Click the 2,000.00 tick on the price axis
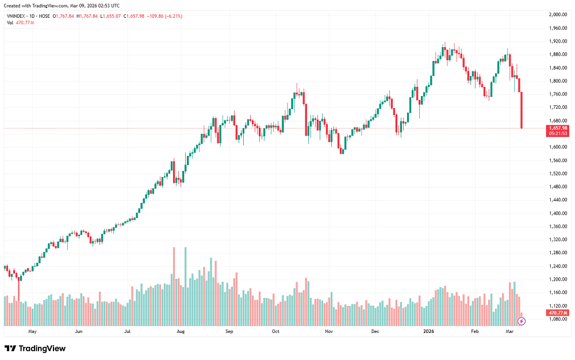pyautogui.click(x=558, y=14)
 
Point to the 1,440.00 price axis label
pyautogui.click(x=558, y=200)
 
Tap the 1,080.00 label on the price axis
pyautogui.click(x=558, y=319)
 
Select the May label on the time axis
pyautogui.click(x=32, y=332)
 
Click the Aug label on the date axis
pyautogui.click(x=181, y=332)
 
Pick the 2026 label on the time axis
pyautogui.click(x=428, y=332)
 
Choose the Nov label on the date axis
pyautogui.click(x=329, y=332)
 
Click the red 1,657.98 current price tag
pyautogui.click(x=558, y=128)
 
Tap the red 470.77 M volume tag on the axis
pyautogui.click(x=558, y=312)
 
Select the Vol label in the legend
pyautogui.click(x=10, y=22)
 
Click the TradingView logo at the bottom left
pyautogui.click(x=35, y=348)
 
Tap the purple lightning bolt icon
pyautogui.click(x=522, y=320)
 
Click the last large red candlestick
pyautogui.click(x=522, y=110)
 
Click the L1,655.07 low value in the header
pyautogui.click(x=110, y=16)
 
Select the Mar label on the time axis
pyautogui.click(x=509, y=332)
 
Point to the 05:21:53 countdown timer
pyautogui.click(x=558, y=133)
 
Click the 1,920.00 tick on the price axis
pyautogui.click(x=558, y=41)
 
